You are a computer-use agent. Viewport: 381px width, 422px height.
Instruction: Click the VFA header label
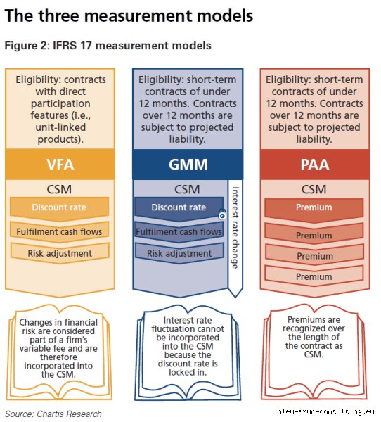tap(60, 164)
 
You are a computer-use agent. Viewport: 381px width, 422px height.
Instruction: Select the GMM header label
tap(188, 164)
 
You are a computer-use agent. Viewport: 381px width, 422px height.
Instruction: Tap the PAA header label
tap(314, 164)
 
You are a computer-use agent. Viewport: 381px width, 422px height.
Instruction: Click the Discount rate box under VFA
tap(59, 209)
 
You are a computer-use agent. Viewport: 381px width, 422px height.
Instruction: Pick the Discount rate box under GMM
tap(179, 209)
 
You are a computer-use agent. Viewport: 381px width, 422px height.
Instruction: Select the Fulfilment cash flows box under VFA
tap(59, 231)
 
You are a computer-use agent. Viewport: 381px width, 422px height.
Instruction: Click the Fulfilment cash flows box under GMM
tap(179, 231)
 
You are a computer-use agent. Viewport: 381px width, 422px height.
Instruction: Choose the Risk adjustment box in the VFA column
tap(60, 253)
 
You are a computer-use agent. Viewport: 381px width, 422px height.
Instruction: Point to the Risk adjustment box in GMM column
tap(179, 253)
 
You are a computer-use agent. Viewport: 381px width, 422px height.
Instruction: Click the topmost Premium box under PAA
tap(314, 210)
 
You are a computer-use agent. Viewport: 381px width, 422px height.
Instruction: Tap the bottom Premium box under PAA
tap(314, 276)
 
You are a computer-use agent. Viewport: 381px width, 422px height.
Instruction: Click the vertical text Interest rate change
tap(235, 228)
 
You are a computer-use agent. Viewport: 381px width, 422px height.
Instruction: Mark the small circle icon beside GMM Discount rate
tap(222, 216)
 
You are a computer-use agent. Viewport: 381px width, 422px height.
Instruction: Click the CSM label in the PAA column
tap(314, 189)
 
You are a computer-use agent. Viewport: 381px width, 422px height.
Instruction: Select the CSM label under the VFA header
tap(59, 189)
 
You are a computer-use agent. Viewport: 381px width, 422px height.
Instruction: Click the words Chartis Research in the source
tap(69, 414)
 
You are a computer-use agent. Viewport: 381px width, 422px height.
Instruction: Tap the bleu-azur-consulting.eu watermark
tap(325, 411)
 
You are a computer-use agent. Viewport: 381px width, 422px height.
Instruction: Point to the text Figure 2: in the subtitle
tap(27, 46)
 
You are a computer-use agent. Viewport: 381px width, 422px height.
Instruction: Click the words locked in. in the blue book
tap(188, 372)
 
